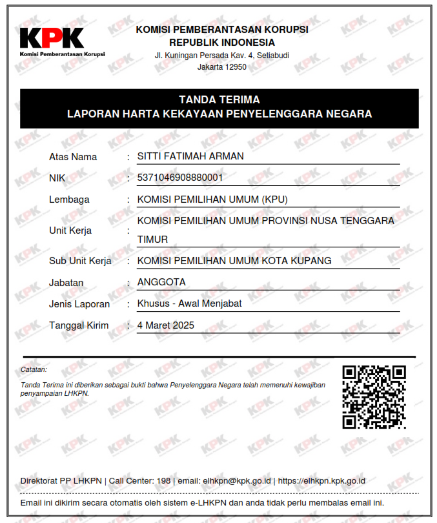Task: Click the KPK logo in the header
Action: pos(52,39)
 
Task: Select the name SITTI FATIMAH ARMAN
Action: pos(190,156)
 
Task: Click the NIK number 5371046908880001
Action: pos(180,178)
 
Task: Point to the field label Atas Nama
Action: pos(73,157)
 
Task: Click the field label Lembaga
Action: pos(69,200)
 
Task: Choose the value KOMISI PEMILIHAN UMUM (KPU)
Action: pos(212,199)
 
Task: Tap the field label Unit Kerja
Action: pos(70,231)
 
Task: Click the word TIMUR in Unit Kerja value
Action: pos(152,240)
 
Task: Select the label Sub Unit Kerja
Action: pos(80,261)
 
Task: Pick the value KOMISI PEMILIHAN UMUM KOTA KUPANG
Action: pos(234,261)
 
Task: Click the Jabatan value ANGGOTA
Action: pos(161,282)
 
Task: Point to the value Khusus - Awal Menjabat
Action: pos(190,303)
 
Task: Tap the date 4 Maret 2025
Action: pos(166,325)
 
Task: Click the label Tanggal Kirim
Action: pos(79,325)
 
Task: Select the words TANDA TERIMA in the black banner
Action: pos(219,100)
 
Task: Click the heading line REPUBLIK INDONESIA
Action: pos(222,42)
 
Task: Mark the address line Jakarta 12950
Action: pos(222,67)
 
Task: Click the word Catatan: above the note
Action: pos(34,370)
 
